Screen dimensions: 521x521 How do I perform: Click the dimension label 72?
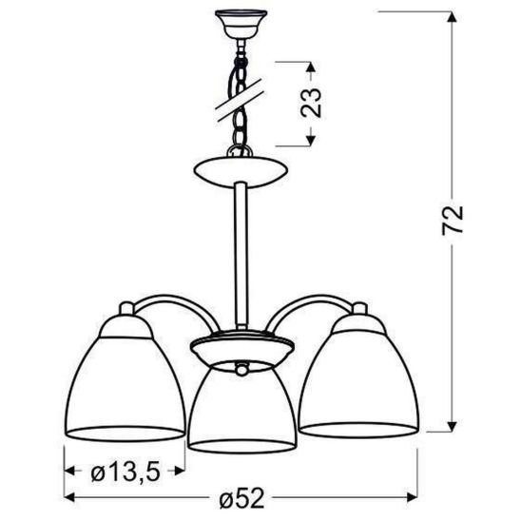coord(453,221)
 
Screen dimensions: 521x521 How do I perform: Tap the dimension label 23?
coord(311,103)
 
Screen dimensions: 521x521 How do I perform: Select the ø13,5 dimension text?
coord(125,473)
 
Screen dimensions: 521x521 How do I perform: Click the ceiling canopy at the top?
coord(241,23)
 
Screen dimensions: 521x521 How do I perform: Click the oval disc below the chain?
coord(241,171)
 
